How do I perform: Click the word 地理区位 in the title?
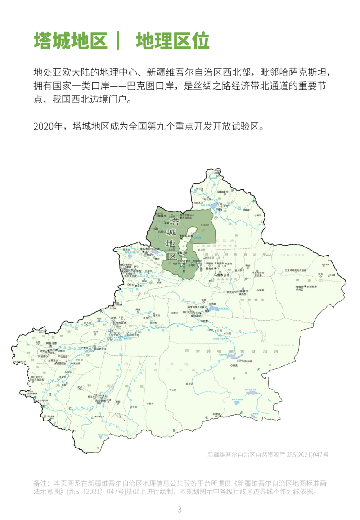[173, 41]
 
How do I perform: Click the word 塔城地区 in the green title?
[71, 41]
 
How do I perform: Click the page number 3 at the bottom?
[180, 510]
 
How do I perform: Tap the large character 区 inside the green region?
[172, 256]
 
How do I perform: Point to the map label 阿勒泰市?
[224, 192]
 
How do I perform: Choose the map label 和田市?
[104, 400]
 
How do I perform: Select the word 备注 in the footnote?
[40, 483]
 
